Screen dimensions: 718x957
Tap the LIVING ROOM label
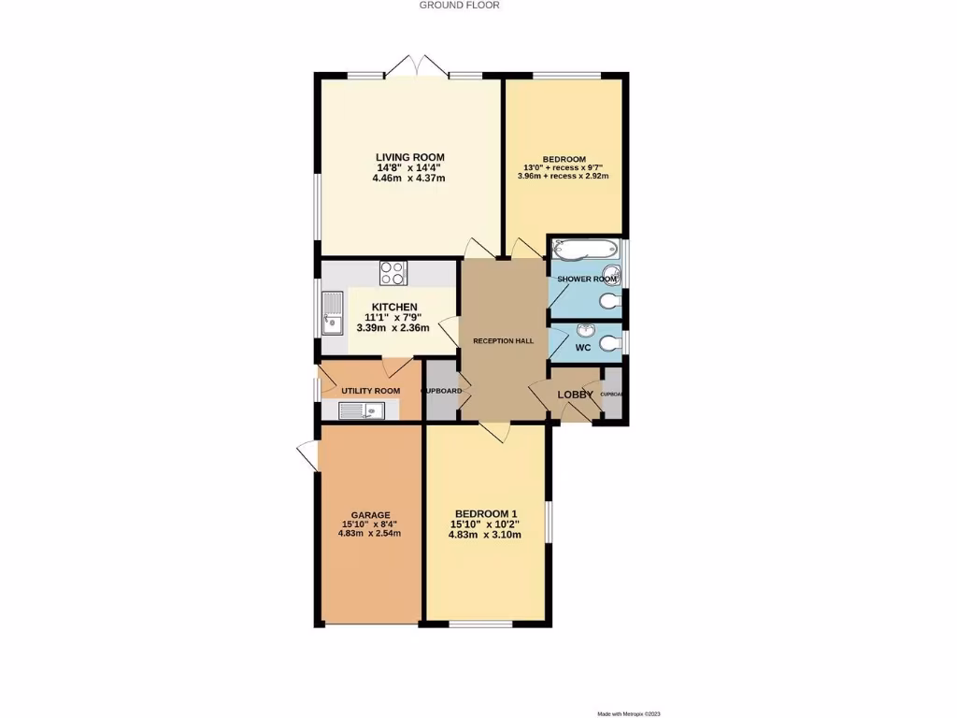coord(409,157)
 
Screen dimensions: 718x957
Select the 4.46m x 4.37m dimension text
coord(409,178)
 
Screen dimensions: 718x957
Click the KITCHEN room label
coord(394,308)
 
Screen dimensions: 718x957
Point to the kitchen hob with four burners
coord(393,273)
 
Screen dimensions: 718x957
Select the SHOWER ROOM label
coord(587,280)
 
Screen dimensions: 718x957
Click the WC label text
coord(582,348)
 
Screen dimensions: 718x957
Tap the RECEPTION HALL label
coord(503,341)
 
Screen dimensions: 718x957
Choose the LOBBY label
coord(576,395)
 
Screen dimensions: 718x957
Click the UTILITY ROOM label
coord(370,391)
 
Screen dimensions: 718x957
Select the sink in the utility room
coord(360,409)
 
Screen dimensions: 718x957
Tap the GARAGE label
coord(370,515)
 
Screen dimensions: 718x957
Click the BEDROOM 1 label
coord(485,514)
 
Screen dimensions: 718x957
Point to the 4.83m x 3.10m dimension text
coord(485,535)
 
